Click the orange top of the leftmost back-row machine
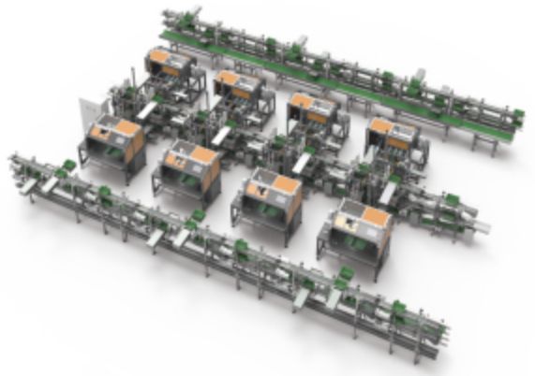pos(169,59)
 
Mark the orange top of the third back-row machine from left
pos(312,103)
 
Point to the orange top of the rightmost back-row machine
pos(392,129)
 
